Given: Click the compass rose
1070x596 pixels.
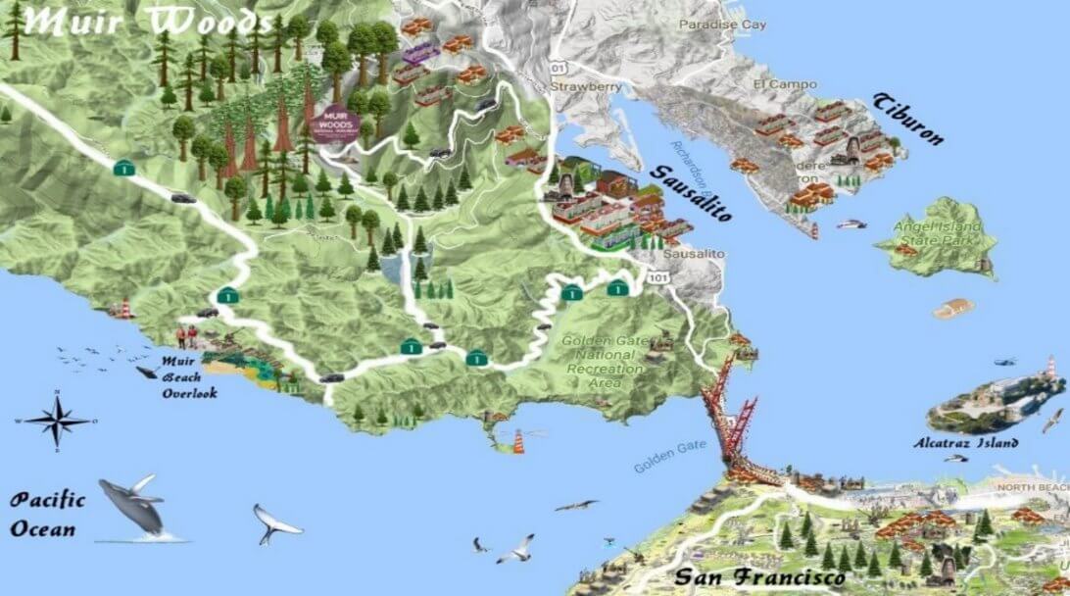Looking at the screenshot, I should click(x=57, y=421).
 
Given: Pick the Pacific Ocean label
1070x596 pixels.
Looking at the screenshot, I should click(x=48, y=515).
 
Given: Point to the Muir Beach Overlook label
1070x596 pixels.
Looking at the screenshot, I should click(x=189, y=377).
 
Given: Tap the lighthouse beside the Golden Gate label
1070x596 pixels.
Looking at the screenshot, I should click(x=513, y=439).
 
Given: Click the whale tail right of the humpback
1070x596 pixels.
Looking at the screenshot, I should click(x=275, y=523).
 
